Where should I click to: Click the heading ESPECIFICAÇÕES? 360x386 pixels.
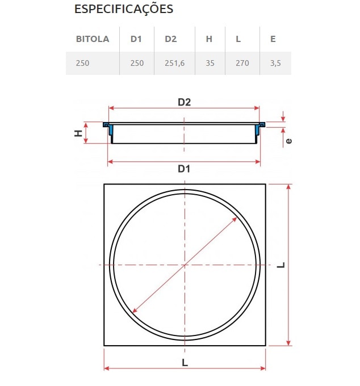coord(124,9)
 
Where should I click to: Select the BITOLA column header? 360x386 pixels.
coord(93,39)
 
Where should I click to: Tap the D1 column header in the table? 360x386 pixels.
coord(136,39)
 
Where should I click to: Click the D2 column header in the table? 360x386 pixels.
coord(171,39)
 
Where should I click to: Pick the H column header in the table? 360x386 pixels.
coord(209,39)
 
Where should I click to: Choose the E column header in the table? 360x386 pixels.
coord(273,39)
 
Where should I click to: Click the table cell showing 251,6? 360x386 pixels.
coord(174,63)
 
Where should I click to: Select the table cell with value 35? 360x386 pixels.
coord(210,63)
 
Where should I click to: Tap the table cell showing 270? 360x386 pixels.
coord(242,63)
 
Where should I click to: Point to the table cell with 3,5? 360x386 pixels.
coord(275,63)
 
